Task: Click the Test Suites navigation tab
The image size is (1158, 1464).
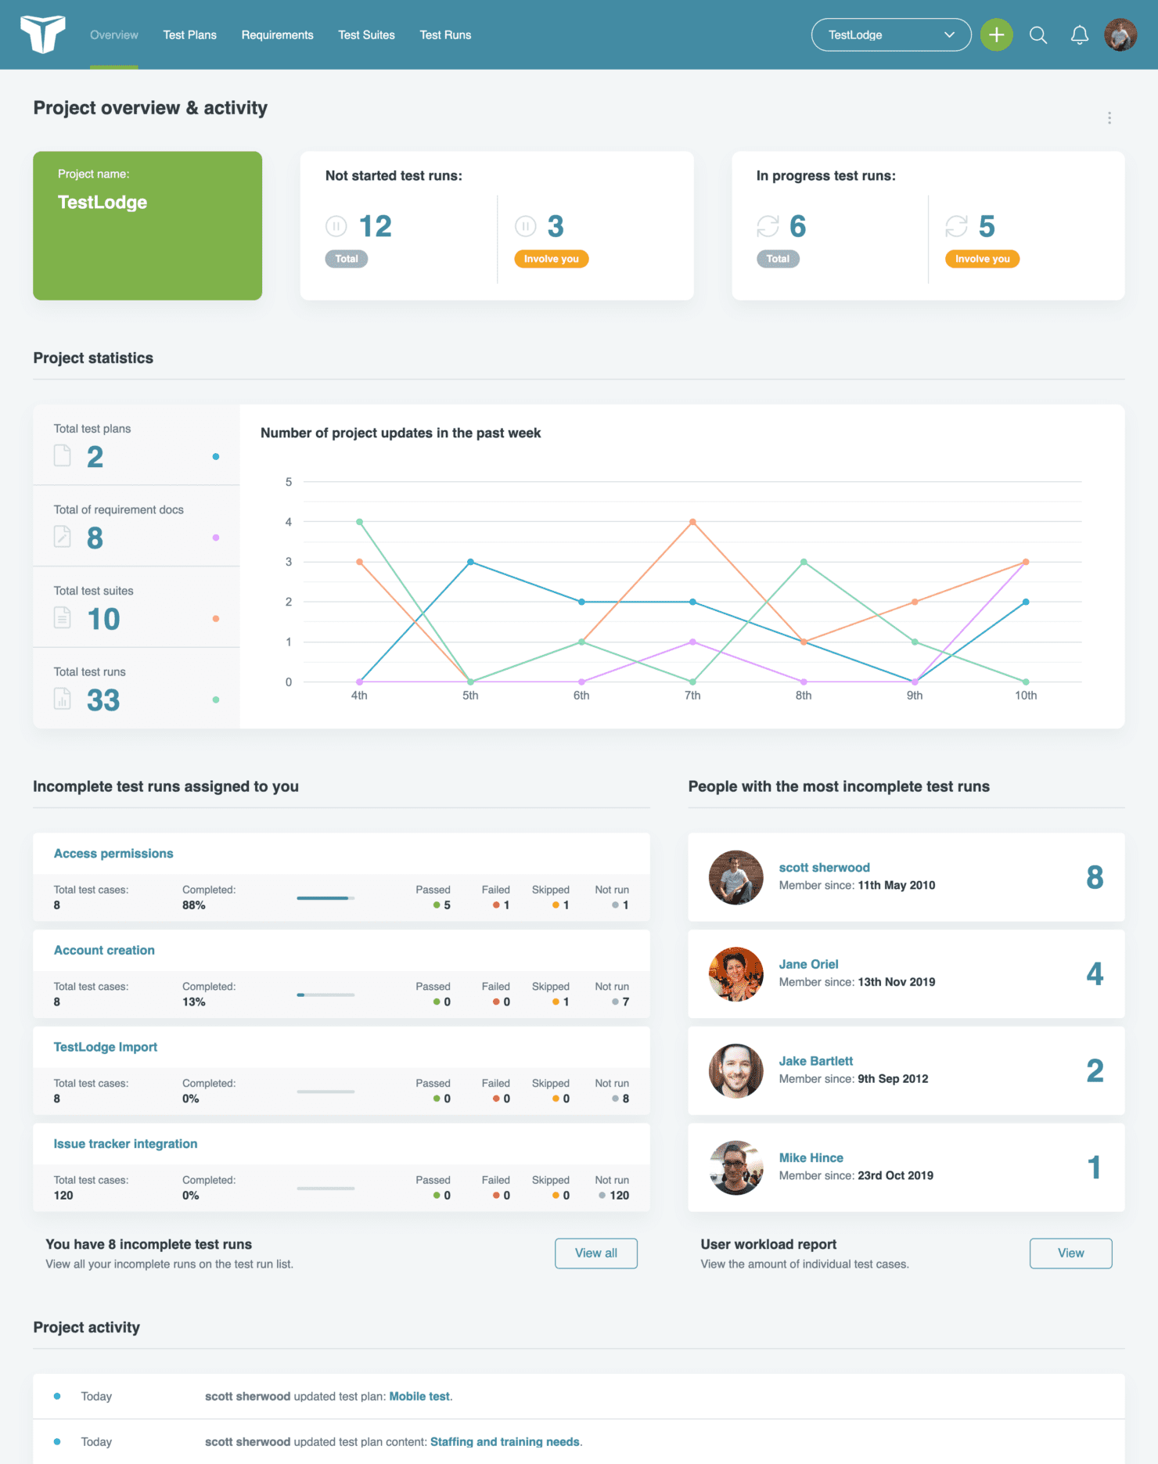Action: tap(366, 35)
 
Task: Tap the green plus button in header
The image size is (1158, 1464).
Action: tap(996, 35)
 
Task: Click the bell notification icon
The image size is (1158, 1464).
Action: tap(1079, 35)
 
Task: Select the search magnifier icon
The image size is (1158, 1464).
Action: tap(1038, 35)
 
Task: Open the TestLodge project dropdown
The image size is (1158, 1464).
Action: tap(890, 35)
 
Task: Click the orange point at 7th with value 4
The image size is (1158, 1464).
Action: tap(692, 522)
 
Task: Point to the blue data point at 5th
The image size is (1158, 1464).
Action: tap(470, 562)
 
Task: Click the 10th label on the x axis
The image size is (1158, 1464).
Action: tap(1025, 696)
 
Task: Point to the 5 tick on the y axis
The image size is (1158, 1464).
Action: tap(289, 482)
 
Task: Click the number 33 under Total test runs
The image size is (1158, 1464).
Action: tap(103, 700)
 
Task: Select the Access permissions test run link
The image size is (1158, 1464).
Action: tap(113, 854)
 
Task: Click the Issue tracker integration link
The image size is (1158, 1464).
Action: tap(125, 1144)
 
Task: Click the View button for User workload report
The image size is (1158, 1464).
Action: tap(1070, 1254)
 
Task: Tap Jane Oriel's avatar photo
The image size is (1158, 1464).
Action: tap(735, 974)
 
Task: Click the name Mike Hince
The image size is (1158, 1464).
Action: tap(811, 1158)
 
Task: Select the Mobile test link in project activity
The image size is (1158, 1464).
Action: tap(419, 1397)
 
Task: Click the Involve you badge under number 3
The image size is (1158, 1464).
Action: tap(551, 259)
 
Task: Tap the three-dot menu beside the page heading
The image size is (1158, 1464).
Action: tap(1109, 118)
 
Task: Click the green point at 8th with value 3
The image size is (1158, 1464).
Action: tap(804, 562)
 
